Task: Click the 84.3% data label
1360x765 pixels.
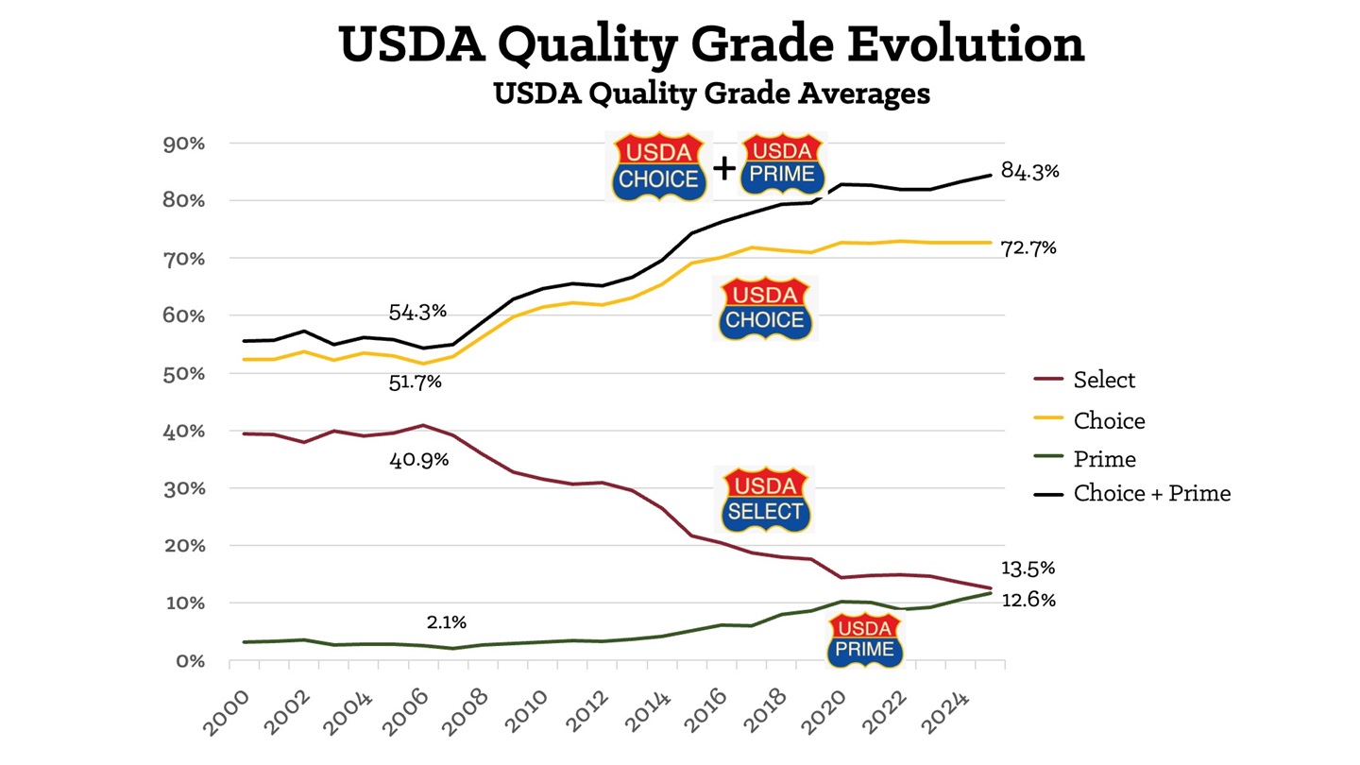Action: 1030,171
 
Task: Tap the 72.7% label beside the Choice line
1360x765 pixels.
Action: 1028,248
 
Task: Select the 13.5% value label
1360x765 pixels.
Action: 1028,569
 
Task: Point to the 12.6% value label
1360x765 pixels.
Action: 1028,600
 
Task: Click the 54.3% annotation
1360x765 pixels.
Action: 416,311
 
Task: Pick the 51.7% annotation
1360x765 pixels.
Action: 416,382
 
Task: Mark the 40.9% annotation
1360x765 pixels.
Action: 417,461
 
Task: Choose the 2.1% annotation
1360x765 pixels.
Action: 446,622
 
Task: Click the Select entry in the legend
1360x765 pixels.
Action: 1103,380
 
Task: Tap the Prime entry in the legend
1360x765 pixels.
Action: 1103,459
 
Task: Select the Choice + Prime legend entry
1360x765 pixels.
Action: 1150,493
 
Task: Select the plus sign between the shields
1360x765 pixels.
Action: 724,168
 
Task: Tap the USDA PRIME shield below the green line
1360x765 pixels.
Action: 865,638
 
